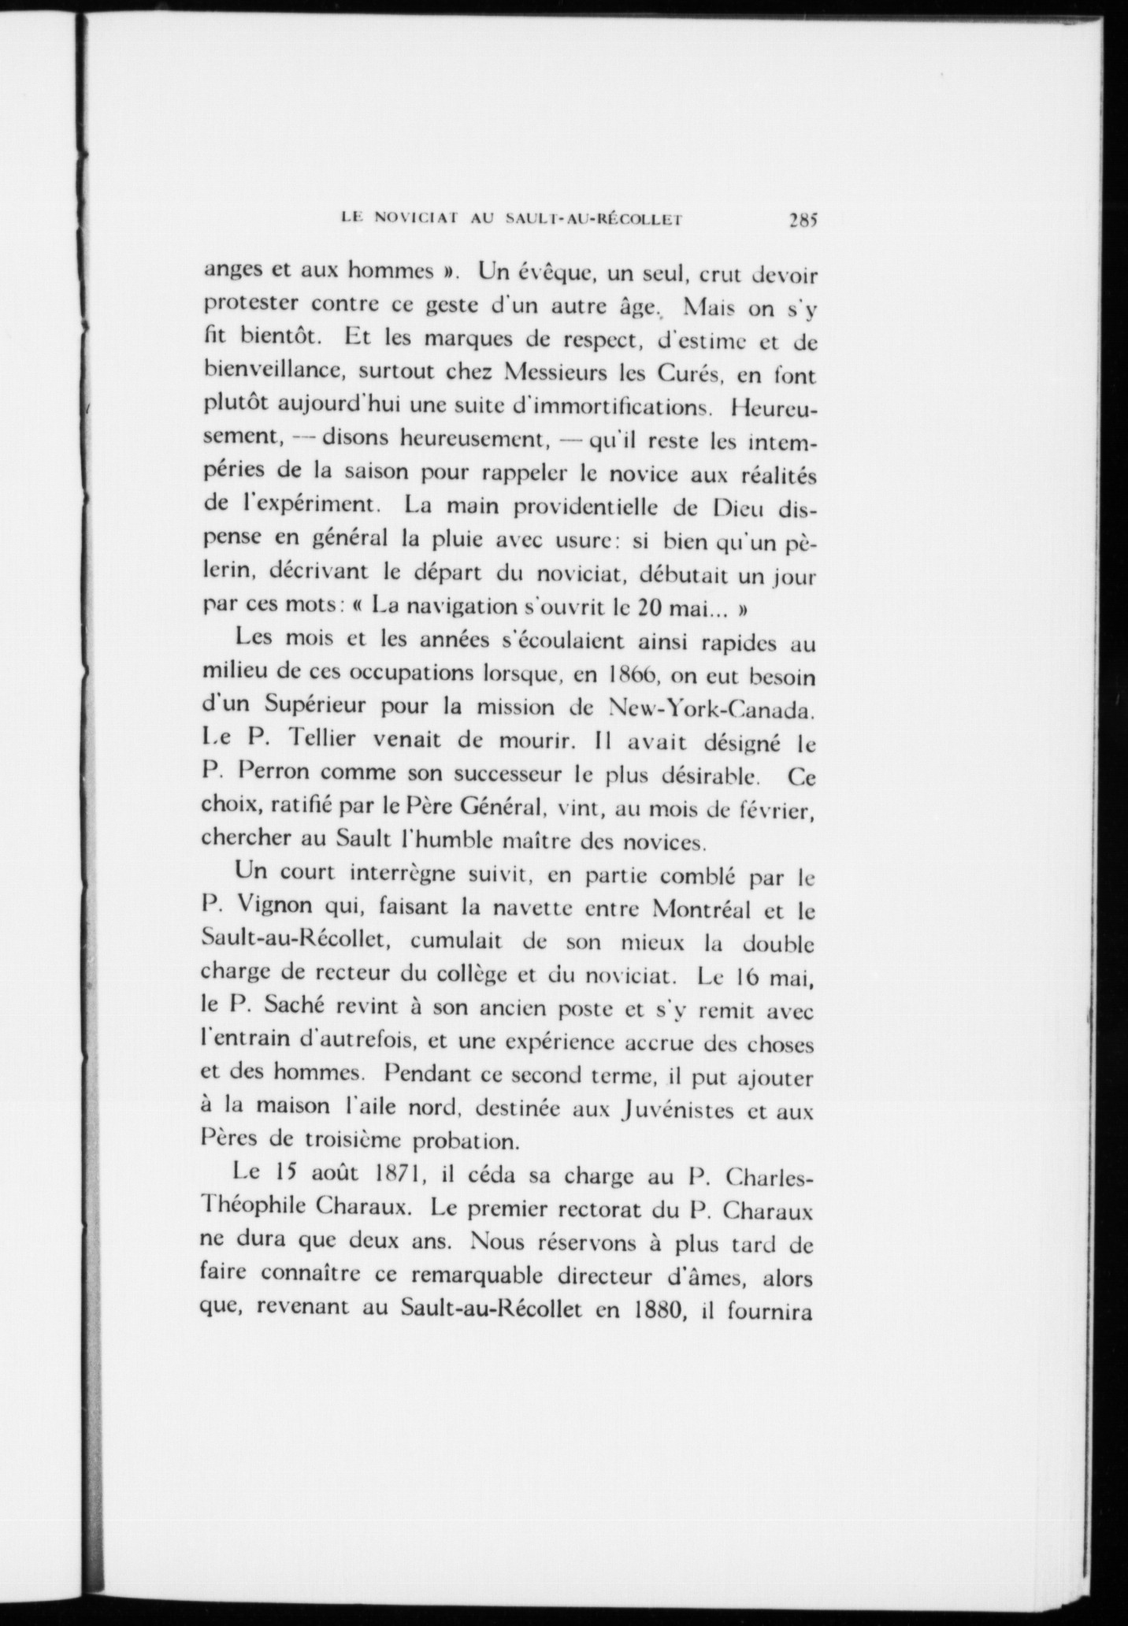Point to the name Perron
[276, 776]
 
